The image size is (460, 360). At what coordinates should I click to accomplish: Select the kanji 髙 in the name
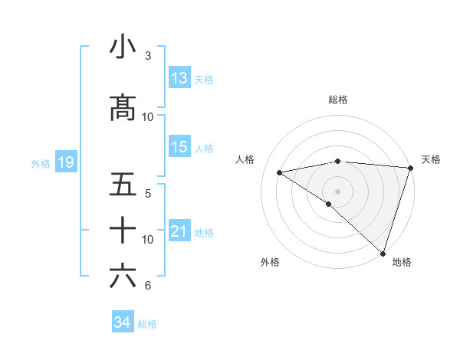point(123,107)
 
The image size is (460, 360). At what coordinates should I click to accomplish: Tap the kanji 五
point(123,185)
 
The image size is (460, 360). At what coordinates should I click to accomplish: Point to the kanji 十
point(123,229)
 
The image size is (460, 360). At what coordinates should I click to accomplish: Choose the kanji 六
point(123,277)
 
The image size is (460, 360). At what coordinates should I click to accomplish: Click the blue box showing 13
point(179,78)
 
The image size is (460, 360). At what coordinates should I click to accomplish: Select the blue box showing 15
point(179,147)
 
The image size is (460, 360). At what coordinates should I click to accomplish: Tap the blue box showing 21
point(179,231)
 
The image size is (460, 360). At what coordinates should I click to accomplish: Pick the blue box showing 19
point(65,162)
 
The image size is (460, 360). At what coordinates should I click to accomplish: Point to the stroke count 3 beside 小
point(148,56)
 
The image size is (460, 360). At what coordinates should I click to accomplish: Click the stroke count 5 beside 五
point(148,193)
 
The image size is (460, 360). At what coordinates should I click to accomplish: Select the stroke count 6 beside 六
point(148,286)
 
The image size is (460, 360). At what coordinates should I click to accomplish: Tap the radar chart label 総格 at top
point(337,100)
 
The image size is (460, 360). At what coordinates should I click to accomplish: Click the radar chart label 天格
point(431,159)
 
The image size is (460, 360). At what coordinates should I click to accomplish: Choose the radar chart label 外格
point(270,262)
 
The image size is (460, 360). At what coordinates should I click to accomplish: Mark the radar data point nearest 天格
point(410,167)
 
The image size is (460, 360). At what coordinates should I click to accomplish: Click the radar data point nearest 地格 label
point(383,253)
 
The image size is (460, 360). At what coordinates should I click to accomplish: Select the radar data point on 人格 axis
point(280,172)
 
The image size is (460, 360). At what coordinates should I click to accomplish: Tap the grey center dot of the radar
point(337,191)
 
